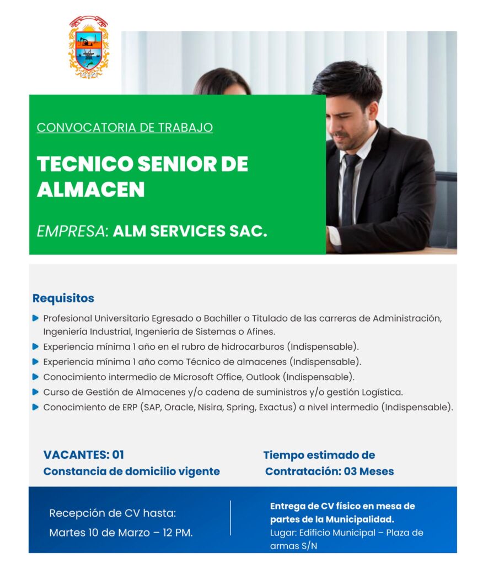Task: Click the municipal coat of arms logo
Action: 88,47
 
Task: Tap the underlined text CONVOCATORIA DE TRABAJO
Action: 125,128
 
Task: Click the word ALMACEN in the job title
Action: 91,189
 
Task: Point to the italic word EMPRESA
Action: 72,231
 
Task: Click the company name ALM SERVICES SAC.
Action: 190,231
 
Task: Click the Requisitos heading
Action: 63,298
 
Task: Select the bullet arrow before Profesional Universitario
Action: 35,318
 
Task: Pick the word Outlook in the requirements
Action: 263,377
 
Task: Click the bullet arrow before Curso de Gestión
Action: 35,392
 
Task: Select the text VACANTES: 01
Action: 84,454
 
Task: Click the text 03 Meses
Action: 369,471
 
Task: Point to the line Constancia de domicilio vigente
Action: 131,471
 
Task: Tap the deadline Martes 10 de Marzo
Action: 99,533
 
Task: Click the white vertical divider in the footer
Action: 230,518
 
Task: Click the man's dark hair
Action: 347,81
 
